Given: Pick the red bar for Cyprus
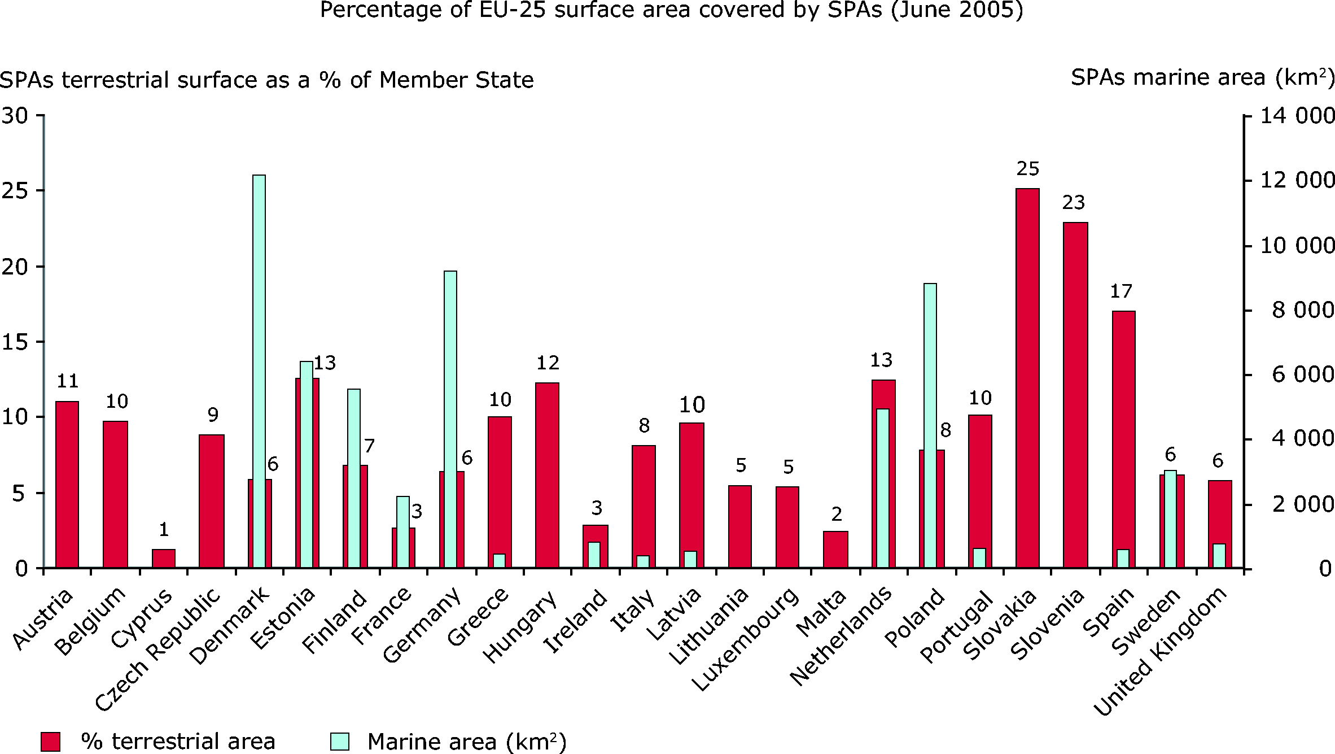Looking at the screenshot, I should [x=163, y=558].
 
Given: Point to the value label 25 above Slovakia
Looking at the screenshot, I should [x=1027, y=169].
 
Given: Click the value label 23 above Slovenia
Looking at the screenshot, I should [x=1074, y=202].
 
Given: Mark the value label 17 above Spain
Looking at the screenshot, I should [x=1121, y=291].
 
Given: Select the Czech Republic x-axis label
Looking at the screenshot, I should [x=158, y=650].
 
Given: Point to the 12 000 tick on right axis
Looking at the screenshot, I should [x=1297, y=180].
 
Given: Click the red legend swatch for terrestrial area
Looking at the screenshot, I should [x=51, y=742].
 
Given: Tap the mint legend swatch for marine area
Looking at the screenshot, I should [x=340, y=742].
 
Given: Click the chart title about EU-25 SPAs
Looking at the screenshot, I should [x=671, y=10].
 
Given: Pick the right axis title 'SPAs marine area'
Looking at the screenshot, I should [x=1202, y=78].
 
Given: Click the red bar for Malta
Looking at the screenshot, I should [x=835, y=549].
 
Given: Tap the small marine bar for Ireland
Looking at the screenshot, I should [x=594, y=555].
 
